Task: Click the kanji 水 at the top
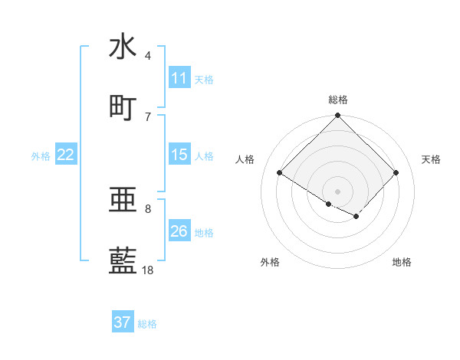[123, 46]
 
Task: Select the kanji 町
[123, 107]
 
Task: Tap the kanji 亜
[123, 200]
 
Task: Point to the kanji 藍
[123, 261]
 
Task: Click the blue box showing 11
[179, 78]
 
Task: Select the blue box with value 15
[179, 155]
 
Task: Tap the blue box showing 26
[179, 231]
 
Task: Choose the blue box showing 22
[66, 155]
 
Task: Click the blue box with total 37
[123, 322]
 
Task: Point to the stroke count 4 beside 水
[148, 55]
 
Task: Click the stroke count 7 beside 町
[148, 116]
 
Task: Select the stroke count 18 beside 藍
[148, 270]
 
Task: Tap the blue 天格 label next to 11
[203, 79]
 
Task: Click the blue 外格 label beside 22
[41, 155]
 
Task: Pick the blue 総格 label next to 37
[147, 323]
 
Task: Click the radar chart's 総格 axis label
[337, 100]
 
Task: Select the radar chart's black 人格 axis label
[245, 159]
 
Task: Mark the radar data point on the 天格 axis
[396, 172]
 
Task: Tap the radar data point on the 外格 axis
[329, 204]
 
